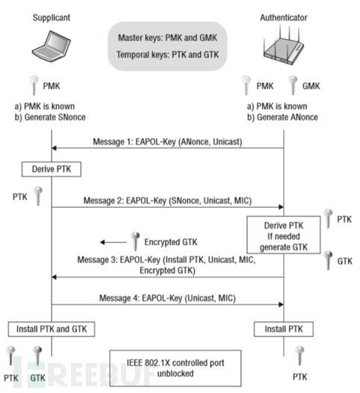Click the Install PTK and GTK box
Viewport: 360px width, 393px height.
(51, 329)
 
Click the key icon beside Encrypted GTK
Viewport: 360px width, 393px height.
(135, 241)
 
